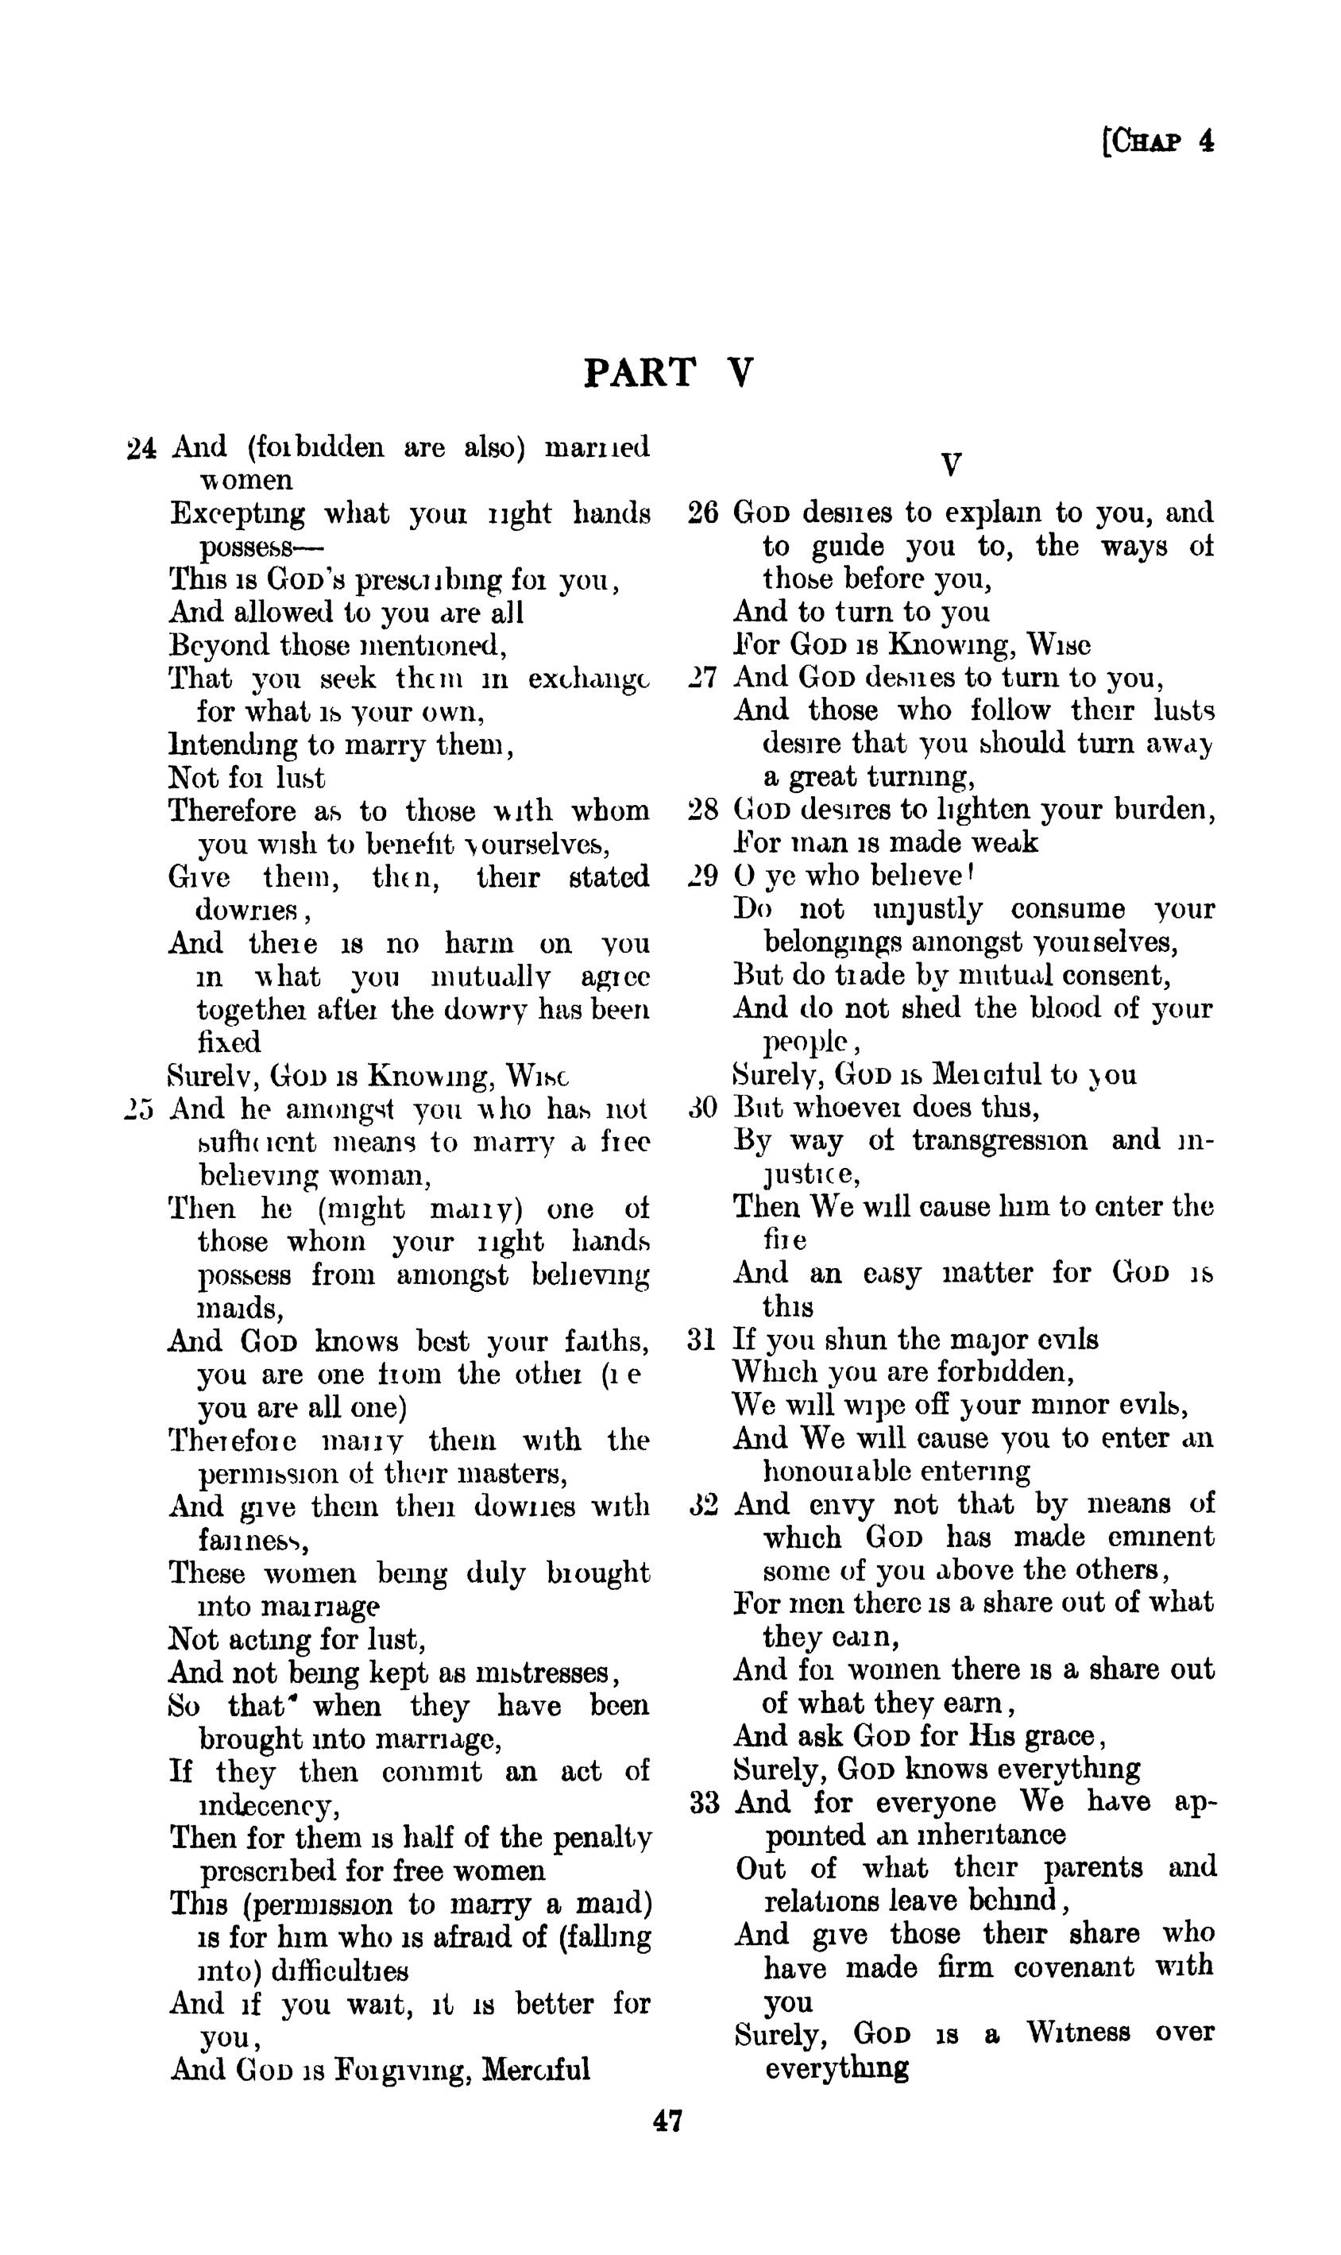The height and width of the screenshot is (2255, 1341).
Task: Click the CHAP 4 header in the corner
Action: pos(1159,142)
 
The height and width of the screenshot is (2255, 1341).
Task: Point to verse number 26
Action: pos(702,512)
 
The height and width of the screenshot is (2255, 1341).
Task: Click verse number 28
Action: pos(702,809)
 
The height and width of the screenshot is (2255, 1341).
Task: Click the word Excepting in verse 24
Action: pos(238,513)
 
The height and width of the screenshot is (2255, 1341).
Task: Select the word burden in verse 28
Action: pos(1158,809)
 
